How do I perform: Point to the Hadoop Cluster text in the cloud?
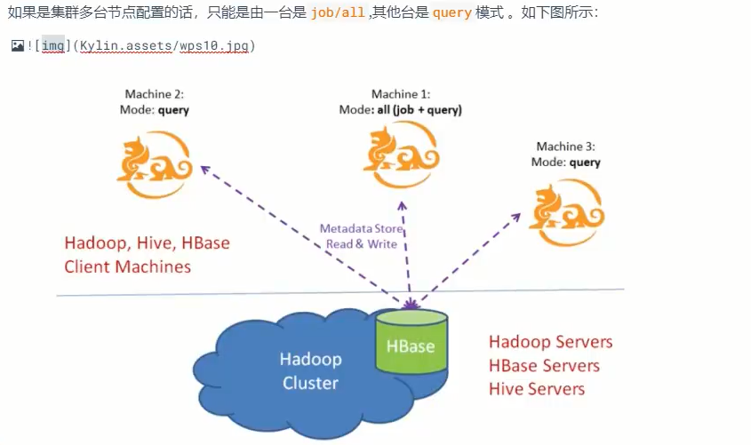310,371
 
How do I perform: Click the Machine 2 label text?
154,94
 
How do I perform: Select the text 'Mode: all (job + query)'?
400,110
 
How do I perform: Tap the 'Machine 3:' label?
565,147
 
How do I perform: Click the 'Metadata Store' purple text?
362,228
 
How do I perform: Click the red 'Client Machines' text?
127,266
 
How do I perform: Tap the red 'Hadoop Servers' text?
550,342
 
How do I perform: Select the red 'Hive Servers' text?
537,389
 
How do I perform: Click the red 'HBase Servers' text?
544,366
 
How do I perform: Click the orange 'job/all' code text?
337,14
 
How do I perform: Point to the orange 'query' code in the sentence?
451,14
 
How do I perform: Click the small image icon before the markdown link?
17,45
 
